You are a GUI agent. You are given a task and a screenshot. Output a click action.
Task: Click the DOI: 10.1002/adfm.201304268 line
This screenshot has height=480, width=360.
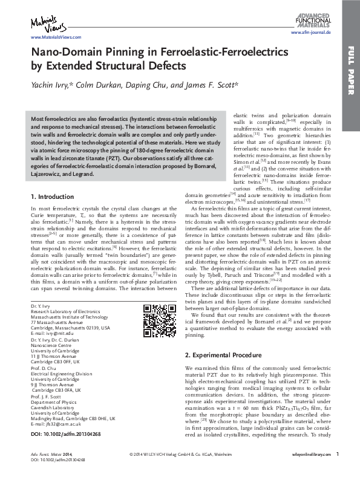tap(66, 435)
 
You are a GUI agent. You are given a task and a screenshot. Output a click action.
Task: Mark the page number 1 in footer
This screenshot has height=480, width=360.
tap(338, 470)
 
